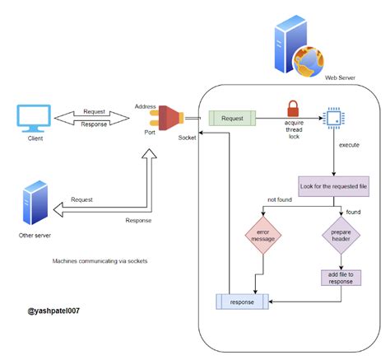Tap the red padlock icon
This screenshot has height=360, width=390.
(291, 108)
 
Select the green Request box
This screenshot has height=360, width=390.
(232, 119)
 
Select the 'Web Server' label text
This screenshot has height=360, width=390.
(340, 78)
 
